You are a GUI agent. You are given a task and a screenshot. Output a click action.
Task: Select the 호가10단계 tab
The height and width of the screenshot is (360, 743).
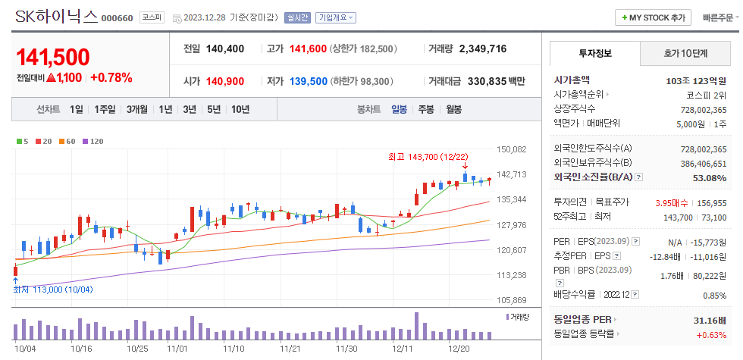pos(685,53)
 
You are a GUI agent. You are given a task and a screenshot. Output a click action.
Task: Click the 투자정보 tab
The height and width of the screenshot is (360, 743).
pos(595,53)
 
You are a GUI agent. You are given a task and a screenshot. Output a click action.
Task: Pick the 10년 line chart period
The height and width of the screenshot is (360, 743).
pos(240,109)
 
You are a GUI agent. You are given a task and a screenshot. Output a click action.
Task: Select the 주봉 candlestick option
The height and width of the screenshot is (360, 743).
pos(425,109)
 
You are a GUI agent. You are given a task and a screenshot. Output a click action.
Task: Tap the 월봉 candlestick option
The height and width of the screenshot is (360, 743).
pos(453,109)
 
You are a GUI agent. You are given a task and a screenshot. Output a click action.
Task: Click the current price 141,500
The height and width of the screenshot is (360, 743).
pos(52,58)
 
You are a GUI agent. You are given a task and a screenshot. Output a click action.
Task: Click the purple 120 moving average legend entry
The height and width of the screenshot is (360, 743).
pos(92,141)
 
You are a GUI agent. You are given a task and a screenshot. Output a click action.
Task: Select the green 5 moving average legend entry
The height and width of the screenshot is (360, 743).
pos(22,141)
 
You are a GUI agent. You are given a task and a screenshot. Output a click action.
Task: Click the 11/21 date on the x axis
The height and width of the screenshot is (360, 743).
pos(290,349)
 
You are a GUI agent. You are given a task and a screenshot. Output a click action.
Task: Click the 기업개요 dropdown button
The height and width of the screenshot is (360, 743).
pos(336,17)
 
